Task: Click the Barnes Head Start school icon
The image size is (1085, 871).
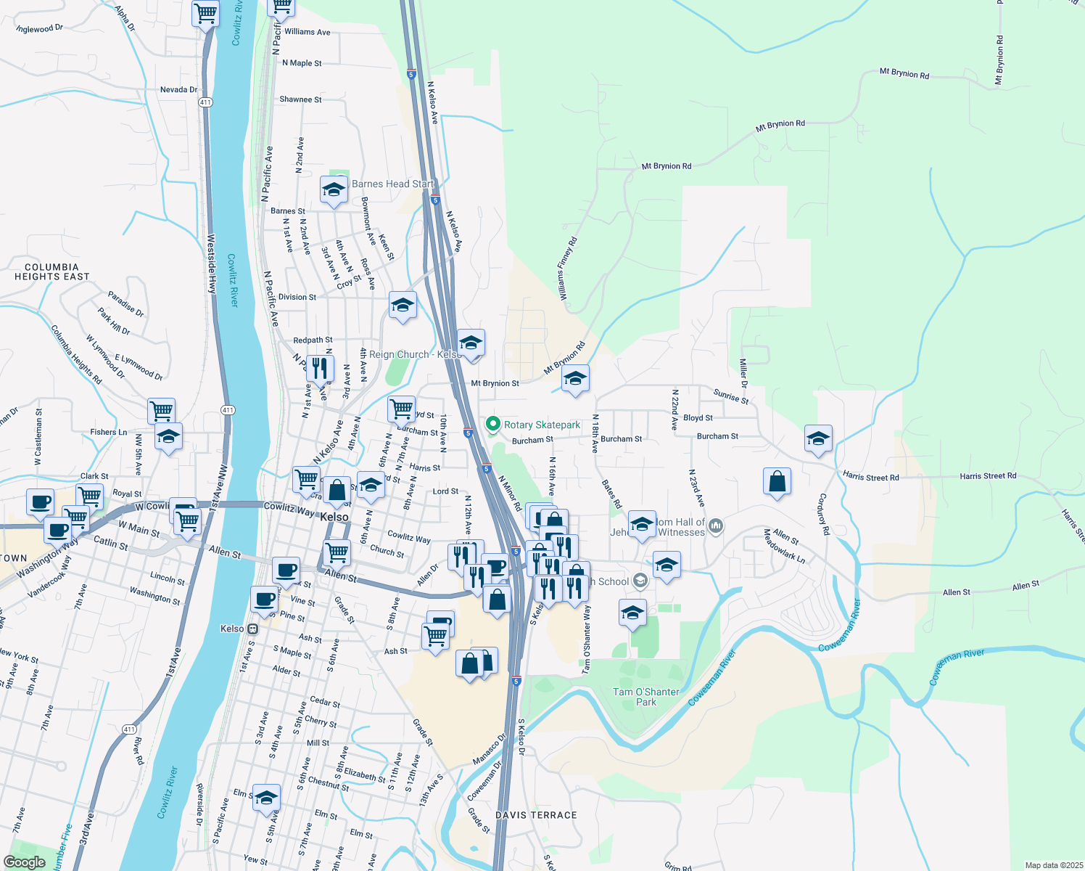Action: click(x=333, y=191)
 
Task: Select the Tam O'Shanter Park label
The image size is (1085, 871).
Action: click(x=645, y=697)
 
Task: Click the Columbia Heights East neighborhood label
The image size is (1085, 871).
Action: click(x=52, y=272)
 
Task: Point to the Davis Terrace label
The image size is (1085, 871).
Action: click(x=536, y=815)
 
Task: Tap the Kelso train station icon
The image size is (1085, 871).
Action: click(x=252, y=629)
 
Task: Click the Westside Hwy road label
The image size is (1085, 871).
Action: click(x=212, y=263)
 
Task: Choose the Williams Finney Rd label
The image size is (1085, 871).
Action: click(x=567, y=269)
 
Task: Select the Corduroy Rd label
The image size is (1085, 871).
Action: click(x=822, y=515)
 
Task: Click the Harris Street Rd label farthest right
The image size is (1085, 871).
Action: click(x=988, y=476)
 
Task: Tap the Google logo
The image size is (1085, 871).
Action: click(x=24, y=862)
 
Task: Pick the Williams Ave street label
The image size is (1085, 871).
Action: click(x=308, y=32)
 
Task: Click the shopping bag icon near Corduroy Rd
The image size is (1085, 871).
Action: click(x=777, y=481)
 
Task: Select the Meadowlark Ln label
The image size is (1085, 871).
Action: click(x=784, y=547)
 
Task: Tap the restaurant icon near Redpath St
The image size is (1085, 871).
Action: click(x=320, y=369)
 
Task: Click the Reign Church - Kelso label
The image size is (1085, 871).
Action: click(x=414, y=355)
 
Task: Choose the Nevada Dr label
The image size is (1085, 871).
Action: click(x=178, y=90)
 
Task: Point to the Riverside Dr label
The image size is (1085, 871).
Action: click(x=201, y=804)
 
